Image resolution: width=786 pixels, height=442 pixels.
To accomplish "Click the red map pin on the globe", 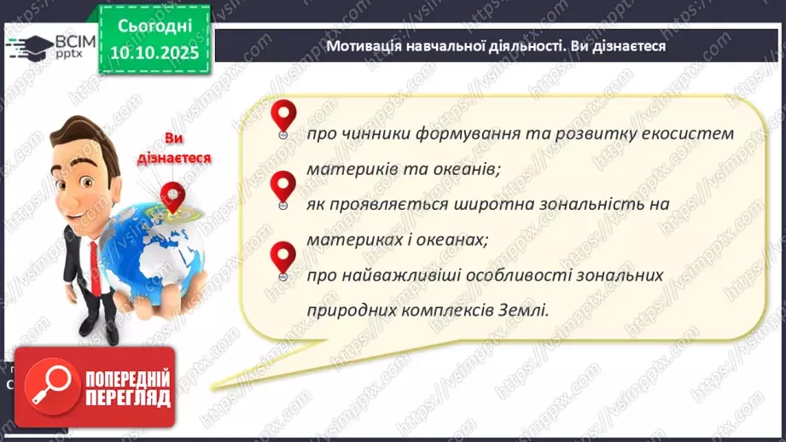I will click(173, 197).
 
